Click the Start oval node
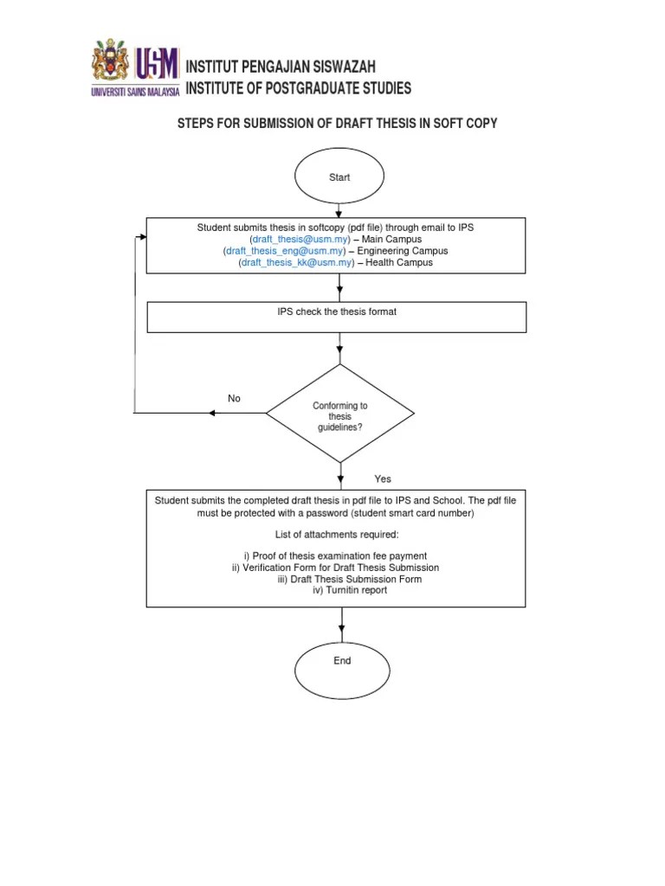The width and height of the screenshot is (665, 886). pyautogui.click(x=339, y=177)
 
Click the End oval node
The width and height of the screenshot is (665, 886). pyautogui.click(x=342, y=661)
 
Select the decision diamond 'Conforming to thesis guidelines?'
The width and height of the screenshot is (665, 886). pyautogui.click(x=339, y=414)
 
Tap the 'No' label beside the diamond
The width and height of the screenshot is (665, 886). pyautogui.click(x=234, y=399)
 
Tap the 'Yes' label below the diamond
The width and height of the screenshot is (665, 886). pyautogui.click(x=383, y=478)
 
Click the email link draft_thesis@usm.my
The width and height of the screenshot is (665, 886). pyautogui.click(x=300, y=239)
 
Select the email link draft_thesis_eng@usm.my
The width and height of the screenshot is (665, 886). pyautogui.click(x=287, y=251)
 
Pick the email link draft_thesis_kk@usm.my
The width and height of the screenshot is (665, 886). pyautogui.click(x=297, y=262)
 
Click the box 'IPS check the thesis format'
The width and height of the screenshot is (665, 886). pyautogui.click(x=336, y=317)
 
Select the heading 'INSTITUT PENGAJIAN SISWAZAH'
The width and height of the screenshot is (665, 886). pyautogui.click(x=281, y=67)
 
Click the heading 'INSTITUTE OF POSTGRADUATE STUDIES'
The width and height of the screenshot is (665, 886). pyautogui.click(x=299, y=88)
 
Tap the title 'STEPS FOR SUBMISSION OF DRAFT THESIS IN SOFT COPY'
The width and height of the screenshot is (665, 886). pyautogui.click(x=337, y=124)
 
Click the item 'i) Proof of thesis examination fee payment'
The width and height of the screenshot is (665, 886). pyautogui.click(x=335, y=555)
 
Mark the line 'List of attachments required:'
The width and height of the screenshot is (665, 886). pyautogui.click(x=337, y=534)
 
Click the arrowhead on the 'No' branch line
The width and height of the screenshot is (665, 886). pyautogui.click(x=212, y=413)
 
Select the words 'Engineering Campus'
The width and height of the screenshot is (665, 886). pyautogui.click(x=403, y=251)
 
